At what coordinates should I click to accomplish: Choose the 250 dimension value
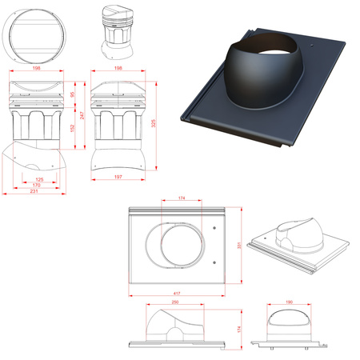175,302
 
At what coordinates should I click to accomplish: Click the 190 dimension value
289,302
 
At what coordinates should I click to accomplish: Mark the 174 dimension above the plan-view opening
182,196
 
